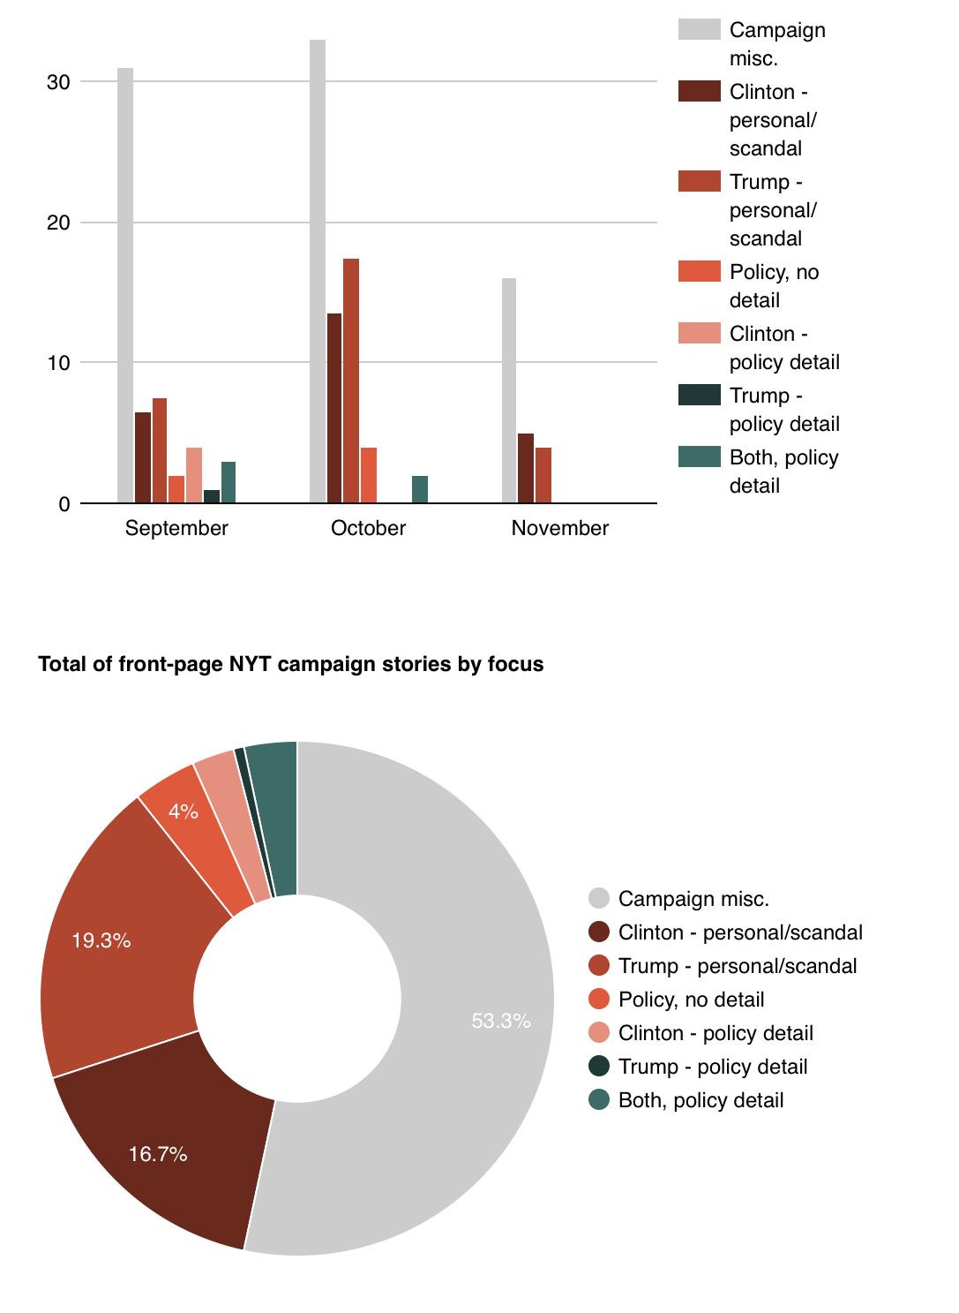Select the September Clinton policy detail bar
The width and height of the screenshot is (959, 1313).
194,476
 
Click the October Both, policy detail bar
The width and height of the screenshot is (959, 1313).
420,490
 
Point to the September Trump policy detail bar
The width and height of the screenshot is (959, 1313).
212,497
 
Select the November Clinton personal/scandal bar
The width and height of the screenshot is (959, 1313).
526,469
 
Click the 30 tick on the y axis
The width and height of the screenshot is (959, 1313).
58,82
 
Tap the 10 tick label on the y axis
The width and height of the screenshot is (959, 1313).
58,363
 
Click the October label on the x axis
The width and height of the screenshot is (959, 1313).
368,528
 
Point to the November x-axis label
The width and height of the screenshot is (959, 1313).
560,528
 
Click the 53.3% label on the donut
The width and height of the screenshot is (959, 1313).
501,1022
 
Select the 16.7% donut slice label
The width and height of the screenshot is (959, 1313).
158,1154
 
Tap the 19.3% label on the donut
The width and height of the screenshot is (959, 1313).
101,940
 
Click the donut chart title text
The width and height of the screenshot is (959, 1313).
291,664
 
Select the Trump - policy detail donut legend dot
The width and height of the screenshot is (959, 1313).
599,1066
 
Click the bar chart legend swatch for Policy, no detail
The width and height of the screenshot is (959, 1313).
699,272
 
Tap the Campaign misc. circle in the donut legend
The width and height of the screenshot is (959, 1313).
599,898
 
